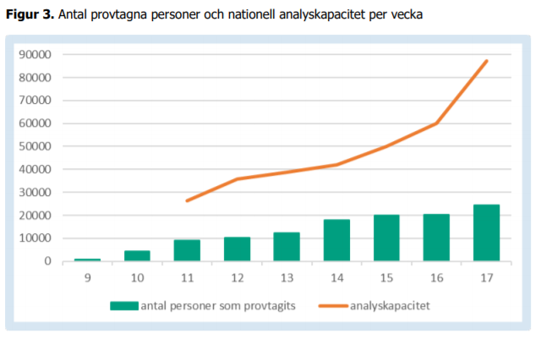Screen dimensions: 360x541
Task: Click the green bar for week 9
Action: [x=86, y=259]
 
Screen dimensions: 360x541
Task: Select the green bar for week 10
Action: [x=137, y=255]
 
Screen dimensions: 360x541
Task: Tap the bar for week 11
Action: [x=187, y=250]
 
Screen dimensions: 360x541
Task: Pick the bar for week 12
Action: [x=237, y=248]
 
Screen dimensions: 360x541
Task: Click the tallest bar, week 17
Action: [x=486, y=232]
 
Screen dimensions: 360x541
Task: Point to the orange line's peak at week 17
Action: [x=487, y=61]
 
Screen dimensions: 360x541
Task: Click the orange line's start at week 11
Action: [x=187, y=200]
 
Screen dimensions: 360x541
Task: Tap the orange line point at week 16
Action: [x=436, y=123]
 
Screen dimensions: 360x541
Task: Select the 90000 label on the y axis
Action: [x=36, y=55]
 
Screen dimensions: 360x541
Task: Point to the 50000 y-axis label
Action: [x=36, y=146]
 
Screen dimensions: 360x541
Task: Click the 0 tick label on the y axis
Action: [x=49, y=261]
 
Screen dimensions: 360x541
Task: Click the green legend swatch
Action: [x=124, y=305]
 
